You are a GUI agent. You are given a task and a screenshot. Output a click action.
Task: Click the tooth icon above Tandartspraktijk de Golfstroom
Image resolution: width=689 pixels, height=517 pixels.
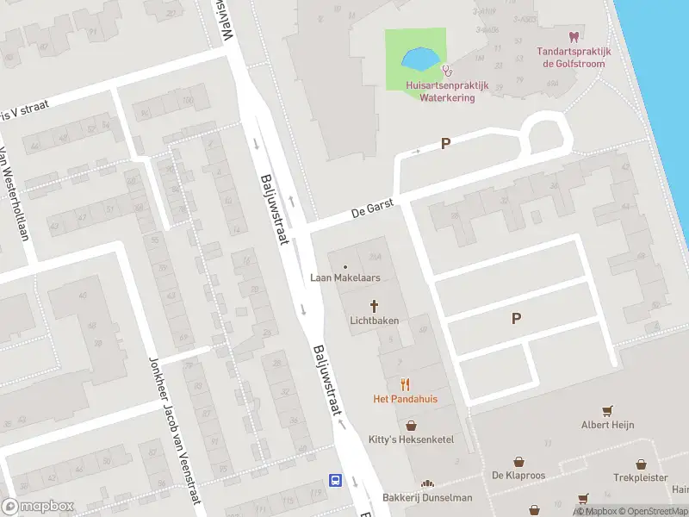[572, 36]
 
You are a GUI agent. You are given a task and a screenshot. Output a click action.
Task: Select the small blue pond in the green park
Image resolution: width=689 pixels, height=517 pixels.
[419, 59]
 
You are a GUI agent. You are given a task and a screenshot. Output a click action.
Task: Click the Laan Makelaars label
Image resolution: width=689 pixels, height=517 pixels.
[345, 278]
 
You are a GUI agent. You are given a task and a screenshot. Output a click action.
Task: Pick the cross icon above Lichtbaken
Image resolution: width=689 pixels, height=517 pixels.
[375, 305]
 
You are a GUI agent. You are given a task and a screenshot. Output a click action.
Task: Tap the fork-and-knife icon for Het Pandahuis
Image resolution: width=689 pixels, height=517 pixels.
[405, 384]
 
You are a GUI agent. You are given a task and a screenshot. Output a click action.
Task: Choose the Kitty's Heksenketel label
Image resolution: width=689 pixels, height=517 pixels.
[411, 439]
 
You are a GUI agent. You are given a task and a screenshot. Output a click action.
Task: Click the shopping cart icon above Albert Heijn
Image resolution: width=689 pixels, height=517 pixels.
[608, 410]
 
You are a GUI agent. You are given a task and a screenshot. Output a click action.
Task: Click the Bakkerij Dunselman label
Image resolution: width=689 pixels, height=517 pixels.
[427, 498]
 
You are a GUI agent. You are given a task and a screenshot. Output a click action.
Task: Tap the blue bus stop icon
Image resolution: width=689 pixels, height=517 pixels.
[335, 481]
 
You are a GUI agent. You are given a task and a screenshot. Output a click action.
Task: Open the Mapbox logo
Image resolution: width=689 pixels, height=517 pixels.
[38, 507]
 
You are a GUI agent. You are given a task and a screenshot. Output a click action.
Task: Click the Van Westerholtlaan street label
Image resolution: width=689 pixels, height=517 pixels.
[16, 194]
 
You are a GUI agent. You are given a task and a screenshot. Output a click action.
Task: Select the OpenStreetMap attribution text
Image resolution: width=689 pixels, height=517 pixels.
[646, 511]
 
